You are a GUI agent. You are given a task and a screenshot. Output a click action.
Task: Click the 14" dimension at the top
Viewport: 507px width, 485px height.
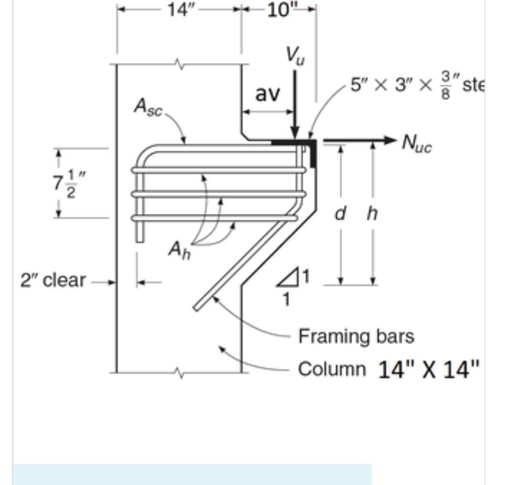click(179, 10)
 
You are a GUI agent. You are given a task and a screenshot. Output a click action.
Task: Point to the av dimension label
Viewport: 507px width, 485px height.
click(267, 94)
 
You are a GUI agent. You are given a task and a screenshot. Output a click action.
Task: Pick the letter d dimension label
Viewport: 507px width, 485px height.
click(340, 214)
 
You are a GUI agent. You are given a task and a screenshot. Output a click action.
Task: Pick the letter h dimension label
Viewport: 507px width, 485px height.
click(372, 214)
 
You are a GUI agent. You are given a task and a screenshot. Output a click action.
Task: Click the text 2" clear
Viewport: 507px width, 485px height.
click(53, 280)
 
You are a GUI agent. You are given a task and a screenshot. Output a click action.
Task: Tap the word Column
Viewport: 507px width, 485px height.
click(332, 369)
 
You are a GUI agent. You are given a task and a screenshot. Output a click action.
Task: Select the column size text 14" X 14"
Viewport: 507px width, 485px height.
click(428, 370)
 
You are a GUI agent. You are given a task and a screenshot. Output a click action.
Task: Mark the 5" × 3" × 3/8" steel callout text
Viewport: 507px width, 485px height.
click(416, 86)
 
